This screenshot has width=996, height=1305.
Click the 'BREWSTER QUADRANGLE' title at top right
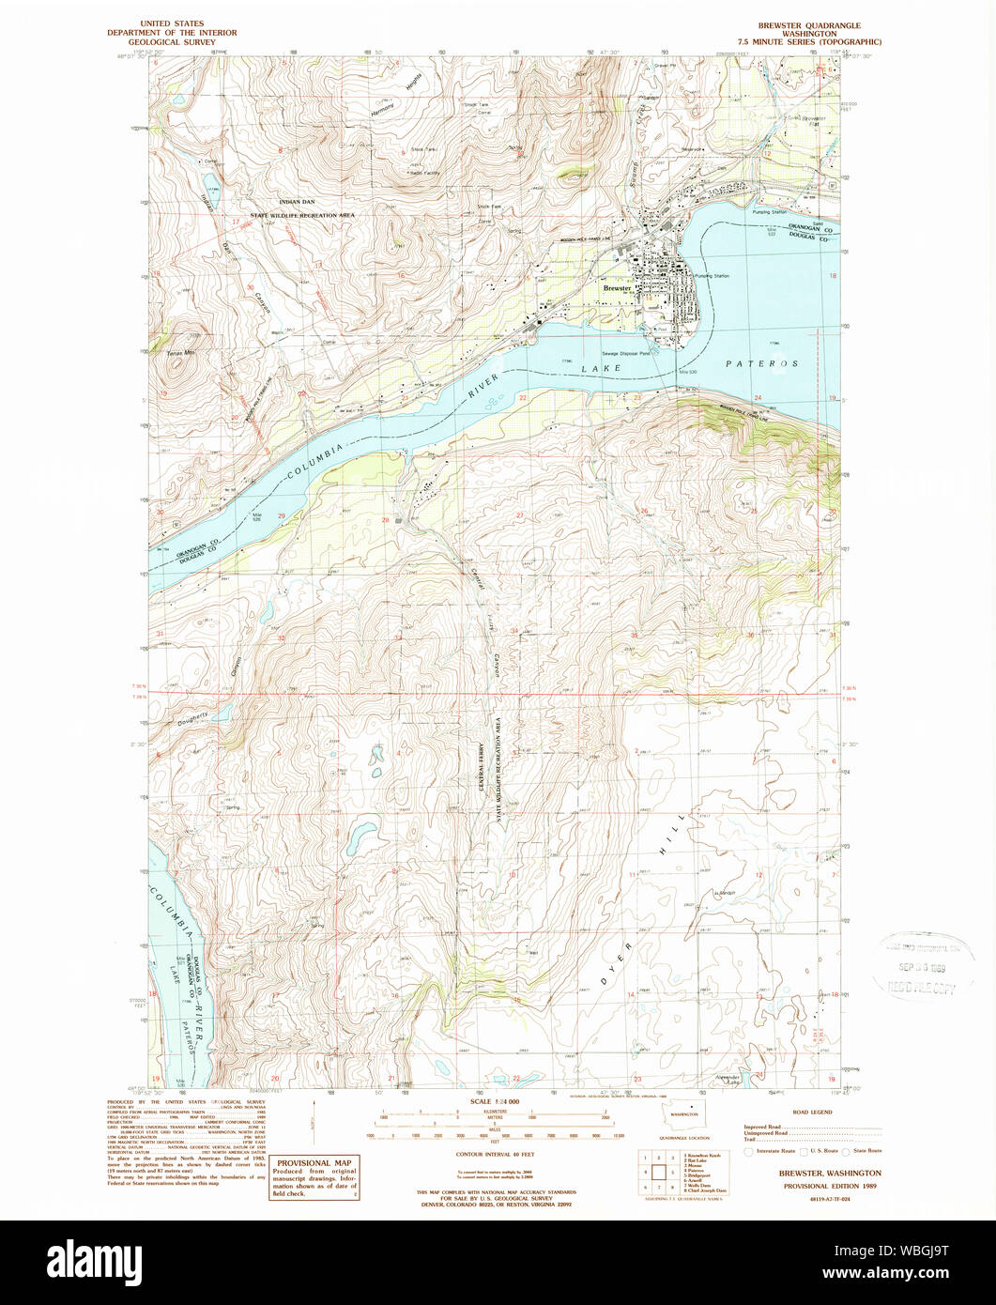click(809, 25)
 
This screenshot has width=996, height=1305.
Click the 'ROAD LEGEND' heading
click(813, 1112)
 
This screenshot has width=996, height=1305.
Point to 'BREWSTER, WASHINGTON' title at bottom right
click(829, 1174)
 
